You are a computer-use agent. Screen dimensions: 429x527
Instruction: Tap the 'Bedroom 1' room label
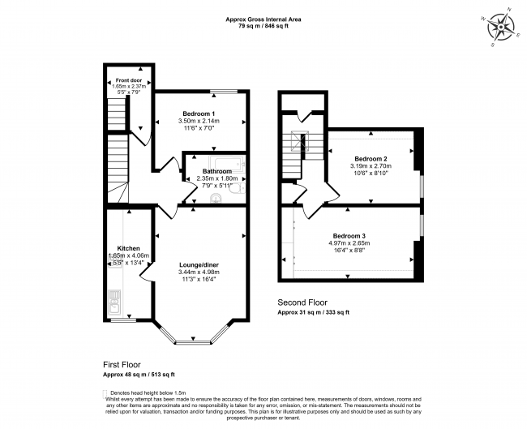tap(199, 113)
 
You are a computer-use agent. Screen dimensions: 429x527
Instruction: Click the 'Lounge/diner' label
tap(199, 264)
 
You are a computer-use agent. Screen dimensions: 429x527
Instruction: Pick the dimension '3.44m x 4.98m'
tap(199, 272)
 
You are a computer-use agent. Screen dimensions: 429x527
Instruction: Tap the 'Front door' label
tap(128, 80)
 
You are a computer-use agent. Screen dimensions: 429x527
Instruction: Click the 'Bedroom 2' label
tap(371, 158)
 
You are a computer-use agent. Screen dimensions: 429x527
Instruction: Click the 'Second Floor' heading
tap(302, 302)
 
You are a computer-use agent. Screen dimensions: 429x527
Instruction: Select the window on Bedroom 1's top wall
tap(222, 91)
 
